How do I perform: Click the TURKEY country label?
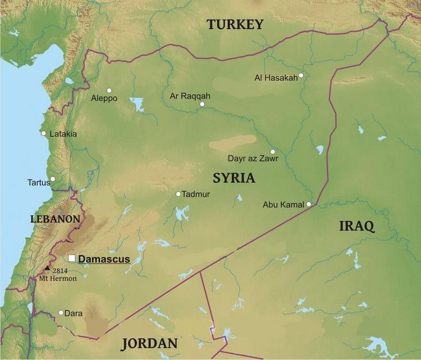tap(235, 24)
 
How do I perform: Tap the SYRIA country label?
tap(234, 178)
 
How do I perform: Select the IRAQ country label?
tap(356, 227)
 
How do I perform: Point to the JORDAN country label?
tap(149, 343)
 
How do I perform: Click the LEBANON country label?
tap(56, 219)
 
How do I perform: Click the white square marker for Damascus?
tap(72, 259)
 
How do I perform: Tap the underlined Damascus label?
tap(104, 259)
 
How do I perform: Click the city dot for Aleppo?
tap(109, 90)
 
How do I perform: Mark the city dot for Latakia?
tap(43, 133)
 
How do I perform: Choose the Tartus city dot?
tap(52, 179)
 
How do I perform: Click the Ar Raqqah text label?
tap(190, 96)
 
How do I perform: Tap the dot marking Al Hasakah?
tap(301, 76)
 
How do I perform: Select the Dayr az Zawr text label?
tap(252, 159)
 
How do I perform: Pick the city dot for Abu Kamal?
tap(309, 205)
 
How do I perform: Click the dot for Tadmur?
tap(178, 194)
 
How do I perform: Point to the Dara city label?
tap(74, 313)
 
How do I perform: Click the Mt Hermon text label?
tap(58, 279)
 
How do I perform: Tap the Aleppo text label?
tap(104, 98)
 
